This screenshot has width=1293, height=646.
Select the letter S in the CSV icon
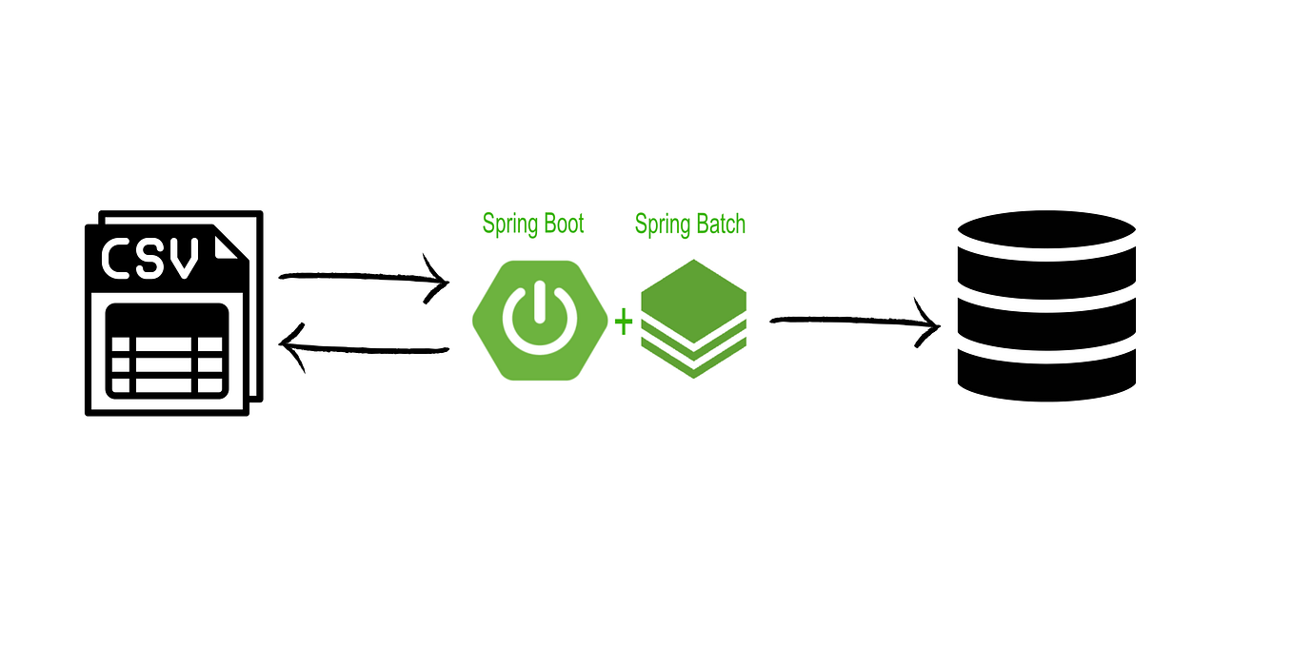(152, 258)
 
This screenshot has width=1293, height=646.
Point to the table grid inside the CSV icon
(168, 350)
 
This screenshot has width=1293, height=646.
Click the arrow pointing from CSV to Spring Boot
(362, 278)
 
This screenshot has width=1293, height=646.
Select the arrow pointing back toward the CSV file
(367, 349)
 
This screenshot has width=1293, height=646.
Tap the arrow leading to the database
(852, 323)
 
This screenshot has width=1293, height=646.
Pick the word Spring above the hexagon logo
(507, 225)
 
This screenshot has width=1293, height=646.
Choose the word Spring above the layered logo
(661, 225)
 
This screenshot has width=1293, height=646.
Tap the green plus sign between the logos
(623, 323)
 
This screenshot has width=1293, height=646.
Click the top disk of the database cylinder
(1046, 230)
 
